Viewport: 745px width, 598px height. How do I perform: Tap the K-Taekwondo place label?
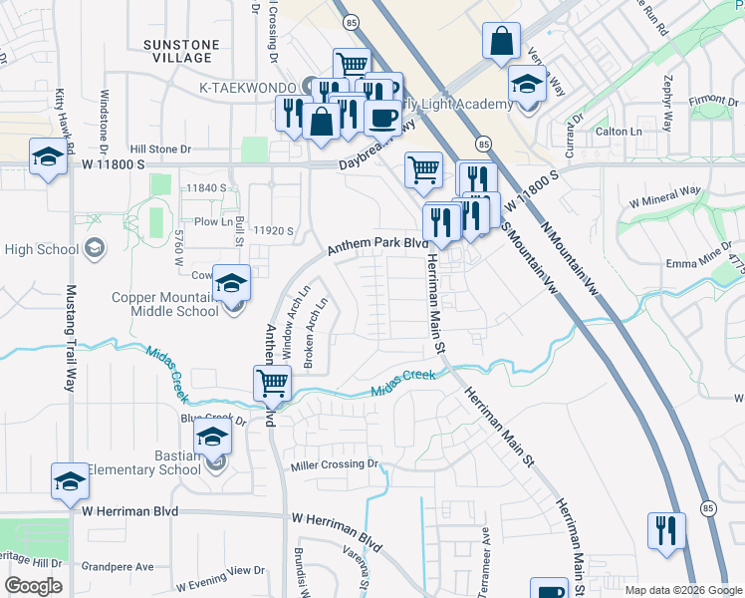click(249, 87)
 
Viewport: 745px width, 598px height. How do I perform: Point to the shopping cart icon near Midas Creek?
click(272, 383)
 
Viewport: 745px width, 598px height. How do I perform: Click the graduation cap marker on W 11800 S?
click(48, 158)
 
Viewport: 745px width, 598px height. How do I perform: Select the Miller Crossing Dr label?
click(336, 465)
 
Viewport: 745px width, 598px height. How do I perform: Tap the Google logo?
click(33, 586)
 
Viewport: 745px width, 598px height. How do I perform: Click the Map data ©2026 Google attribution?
click(682, 590)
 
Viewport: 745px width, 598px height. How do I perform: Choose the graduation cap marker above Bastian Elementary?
click(211, 438)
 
